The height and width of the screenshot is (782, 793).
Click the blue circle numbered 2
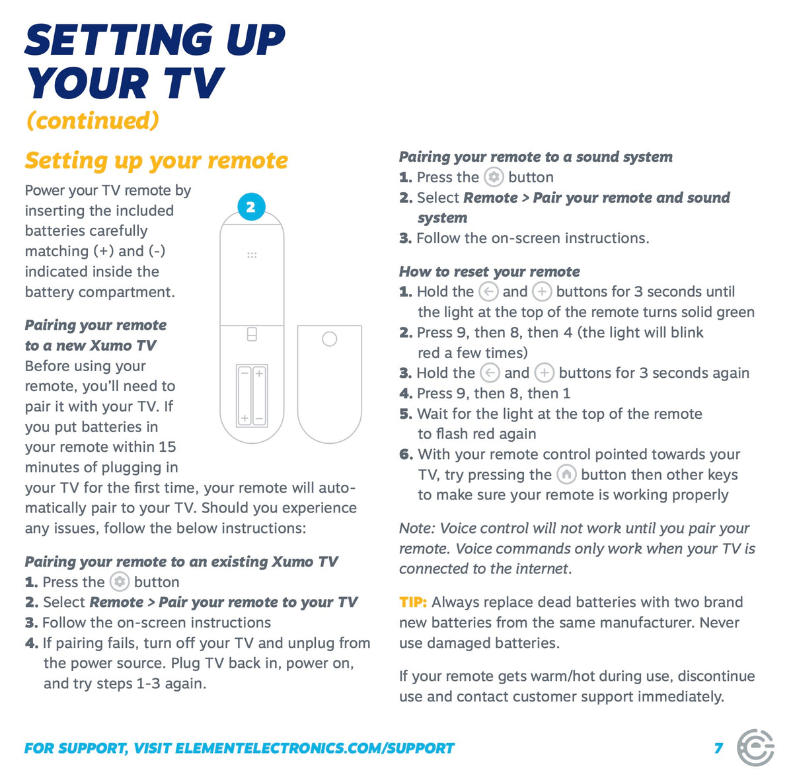251,207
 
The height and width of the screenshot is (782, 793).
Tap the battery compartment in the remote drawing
252,396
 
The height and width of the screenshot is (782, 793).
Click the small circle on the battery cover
330,339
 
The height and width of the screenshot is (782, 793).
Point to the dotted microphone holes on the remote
252,255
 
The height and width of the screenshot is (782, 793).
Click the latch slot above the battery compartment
252,334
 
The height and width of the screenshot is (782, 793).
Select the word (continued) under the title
93,121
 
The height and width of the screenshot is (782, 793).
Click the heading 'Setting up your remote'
157,160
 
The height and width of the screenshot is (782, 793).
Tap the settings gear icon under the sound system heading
494,177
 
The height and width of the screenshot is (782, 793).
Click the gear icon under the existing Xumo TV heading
120,582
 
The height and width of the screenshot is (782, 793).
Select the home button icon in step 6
566,475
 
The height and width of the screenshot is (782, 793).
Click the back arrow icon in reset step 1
489,292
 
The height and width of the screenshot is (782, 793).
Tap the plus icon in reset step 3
545,373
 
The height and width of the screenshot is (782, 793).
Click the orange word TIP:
413,602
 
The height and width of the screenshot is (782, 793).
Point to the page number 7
719,748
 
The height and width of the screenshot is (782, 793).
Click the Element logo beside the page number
755,748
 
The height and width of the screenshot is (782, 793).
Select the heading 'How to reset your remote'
490,272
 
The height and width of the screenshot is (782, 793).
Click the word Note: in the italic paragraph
417,528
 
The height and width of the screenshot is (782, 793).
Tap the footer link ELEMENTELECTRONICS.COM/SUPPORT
315,748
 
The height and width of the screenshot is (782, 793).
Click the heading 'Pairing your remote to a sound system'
536,157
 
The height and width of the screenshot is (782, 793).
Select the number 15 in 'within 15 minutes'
167,446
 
